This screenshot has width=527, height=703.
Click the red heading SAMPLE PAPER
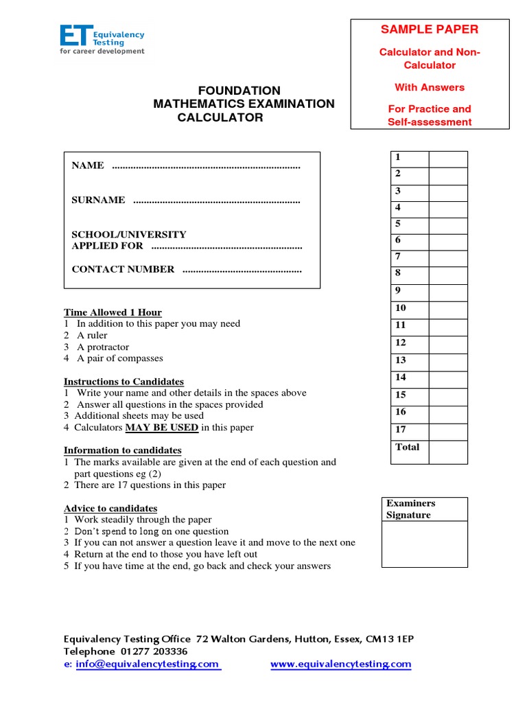coord(430,30)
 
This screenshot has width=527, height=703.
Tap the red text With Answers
coord(430,87)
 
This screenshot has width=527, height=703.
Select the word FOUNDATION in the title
coord(239,91)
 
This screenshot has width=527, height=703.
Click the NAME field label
coord(88,165)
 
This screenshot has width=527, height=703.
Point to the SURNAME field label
coord(98,200)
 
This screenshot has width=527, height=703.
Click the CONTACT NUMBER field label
coord(123,269)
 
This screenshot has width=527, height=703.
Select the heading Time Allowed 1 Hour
coord(113,312)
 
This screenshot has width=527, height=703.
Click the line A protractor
coord(102,347)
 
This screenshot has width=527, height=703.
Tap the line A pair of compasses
coord(119,358)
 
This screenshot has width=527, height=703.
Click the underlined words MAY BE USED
coord(161,428)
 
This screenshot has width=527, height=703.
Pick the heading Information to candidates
coord(123,450)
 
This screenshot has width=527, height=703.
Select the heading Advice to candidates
coord(110,509)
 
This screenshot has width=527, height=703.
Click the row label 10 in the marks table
coord(401,308)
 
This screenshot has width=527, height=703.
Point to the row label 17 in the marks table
coord(401,429)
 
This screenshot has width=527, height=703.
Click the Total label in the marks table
coord(408,447)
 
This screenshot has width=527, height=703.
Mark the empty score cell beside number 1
coord(448,159)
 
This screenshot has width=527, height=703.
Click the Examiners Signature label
coord(410,509)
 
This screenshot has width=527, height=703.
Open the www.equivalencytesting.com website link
coord(340,664)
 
